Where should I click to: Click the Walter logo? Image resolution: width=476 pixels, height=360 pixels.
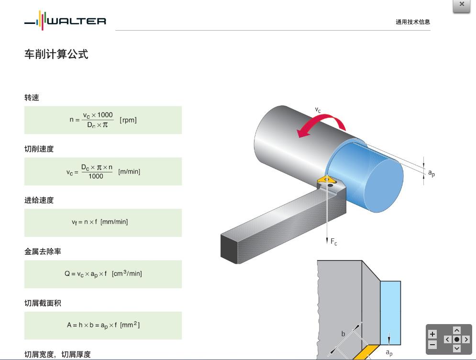tap(66, 21)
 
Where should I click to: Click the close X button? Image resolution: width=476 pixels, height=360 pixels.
tap(462, 5)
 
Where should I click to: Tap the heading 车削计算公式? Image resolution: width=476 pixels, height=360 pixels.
tap(56, 54)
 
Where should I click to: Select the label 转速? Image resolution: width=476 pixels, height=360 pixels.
tap(32, 98)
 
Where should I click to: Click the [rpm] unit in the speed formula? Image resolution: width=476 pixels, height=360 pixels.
tap(128, 120)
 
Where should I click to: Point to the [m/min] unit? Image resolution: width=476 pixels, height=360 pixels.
tap(129, 171)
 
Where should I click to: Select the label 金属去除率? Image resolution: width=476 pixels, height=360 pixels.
tap(43, 251)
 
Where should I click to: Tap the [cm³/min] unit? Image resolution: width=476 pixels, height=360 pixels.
tap(127, 273)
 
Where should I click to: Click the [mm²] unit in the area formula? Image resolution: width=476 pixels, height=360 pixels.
tap(130, 325)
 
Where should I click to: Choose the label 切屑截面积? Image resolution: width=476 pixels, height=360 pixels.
tap(43, 303)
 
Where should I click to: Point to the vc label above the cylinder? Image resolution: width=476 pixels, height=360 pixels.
tap(318, 110)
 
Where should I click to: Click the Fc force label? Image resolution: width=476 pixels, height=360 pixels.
tap(333, 242)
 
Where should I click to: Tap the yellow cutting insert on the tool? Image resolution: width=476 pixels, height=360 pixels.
tap(327, 180)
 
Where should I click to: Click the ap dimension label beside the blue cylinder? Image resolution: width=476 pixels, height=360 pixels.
tap(431, 173)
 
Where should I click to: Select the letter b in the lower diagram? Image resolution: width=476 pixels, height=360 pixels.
tap(343, 334)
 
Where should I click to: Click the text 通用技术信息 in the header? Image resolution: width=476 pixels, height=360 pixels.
tap(412, 22)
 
